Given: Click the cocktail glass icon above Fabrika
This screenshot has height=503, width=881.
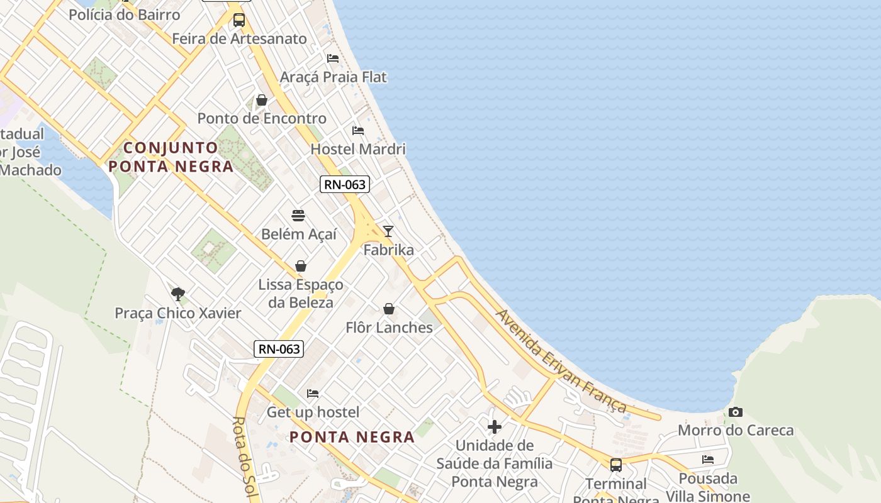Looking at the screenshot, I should [388, 231].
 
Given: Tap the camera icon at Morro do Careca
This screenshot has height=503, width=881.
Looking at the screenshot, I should [735, 412].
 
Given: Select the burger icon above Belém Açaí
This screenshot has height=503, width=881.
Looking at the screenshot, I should [298, 216].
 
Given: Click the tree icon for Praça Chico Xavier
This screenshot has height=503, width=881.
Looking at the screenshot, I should [178, 294].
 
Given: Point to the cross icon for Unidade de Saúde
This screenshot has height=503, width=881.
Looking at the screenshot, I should [495, 428].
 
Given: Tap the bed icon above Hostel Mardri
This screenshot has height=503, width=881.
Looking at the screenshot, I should [358, 131].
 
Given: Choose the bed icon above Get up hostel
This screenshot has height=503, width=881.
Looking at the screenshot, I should [313, 394].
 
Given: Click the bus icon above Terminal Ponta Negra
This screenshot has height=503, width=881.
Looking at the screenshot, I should [616, 465].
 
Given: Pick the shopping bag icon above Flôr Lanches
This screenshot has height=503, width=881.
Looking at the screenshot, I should [389, 309].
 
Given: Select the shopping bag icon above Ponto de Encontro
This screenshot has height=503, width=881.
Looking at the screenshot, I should [262, 100].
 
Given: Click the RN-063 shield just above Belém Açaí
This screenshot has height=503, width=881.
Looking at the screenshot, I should [344, 184].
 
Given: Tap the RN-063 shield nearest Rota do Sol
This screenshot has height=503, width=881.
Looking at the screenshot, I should [279, 349].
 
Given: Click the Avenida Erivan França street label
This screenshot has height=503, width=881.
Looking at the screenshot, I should [561, 361].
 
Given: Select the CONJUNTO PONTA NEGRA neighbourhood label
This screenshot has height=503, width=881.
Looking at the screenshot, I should [171, 157].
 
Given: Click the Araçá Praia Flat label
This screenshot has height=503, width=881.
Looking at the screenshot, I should [333, 77].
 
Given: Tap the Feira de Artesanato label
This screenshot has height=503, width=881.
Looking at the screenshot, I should [240, 39].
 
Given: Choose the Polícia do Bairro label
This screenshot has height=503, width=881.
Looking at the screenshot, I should [125, 14].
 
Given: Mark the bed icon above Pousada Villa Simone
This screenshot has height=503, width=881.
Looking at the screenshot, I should [708, 460].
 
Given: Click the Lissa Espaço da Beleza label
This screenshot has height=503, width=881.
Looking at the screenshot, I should [300, 294].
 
